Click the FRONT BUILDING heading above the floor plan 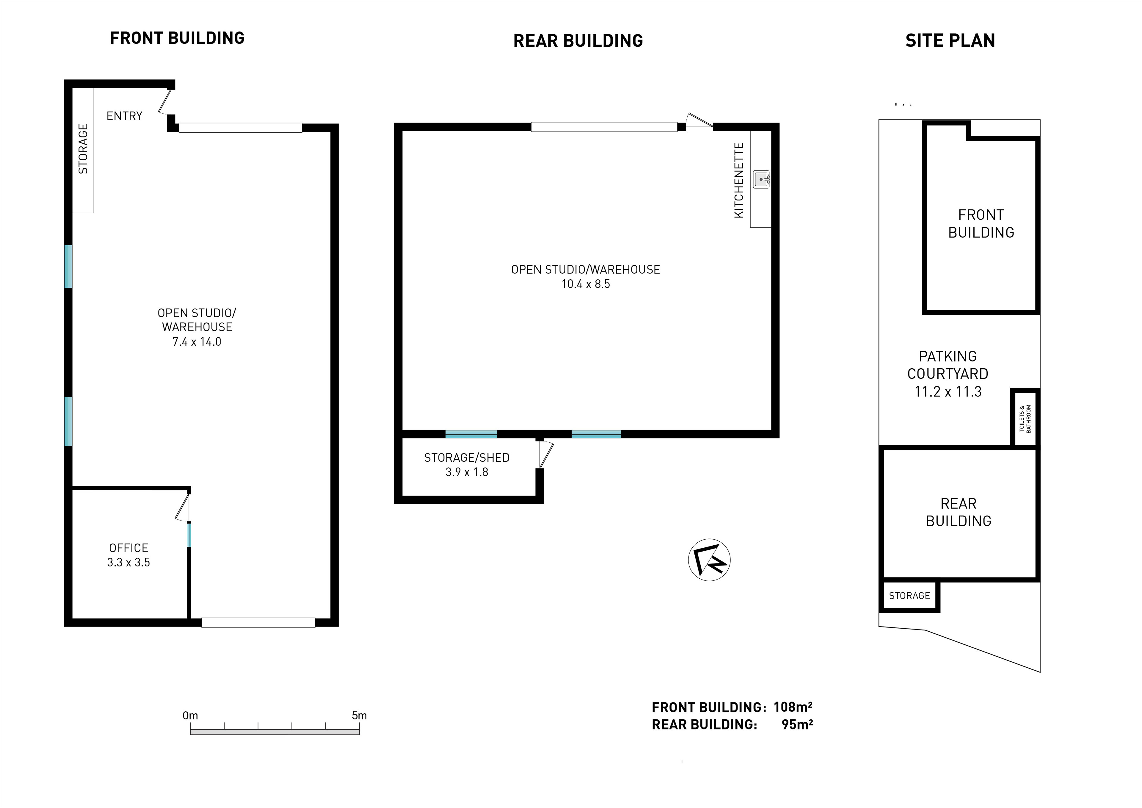point(177,38)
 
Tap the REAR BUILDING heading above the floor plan point(578,41)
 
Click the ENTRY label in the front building point(124,116)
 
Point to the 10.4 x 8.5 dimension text point(586,284)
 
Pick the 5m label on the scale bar point(359,715)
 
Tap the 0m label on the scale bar point(190,715)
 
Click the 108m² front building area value point(793,707)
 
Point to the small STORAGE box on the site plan point(909,596)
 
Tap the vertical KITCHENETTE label point(739,180)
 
